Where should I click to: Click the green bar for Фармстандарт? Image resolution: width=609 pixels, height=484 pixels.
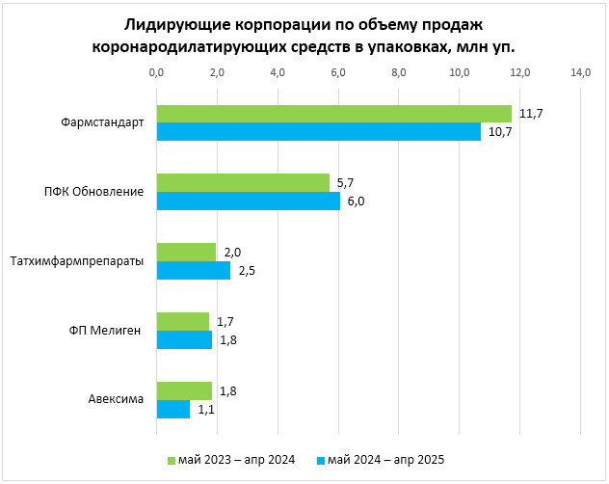click(x=333, y=114)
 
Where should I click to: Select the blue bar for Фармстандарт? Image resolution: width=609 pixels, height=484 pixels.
click(x=318, y=132)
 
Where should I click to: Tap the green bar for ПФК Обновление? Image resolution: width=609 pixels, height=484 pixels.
click(x=243, y=182)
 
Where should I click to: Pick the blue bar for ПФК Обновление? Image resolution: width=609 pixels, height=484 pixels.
click(x=248, y=201)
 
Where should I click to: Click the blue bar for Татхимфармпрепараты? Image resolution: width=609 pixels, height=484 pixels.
click(x=194, y=271)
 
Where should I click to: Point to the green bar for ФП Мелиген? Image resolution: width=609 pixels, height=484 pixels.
click(x=182, y=321)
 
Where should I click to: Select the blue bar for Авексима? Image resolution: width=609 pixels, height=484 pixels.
click(x=173, y=410)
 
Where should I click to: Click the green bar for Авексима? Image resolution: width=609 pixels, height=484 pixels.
click(x=184, y=390)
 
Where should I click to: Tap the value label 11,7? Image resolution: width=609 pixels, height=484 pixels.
click(x=531, y=114)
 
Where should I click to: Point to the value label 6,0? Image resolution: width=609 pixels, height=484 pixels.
click(x=357, y=202)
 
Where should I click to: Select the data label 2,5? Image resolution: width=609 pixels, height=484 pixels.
click(x=248, y=271)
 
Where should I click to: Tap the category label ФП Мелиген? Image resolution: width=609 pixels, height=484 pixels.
click(x=106, y=331)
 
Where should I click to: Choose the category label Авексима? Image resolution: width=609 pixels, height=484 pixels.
click(x=117, y=400)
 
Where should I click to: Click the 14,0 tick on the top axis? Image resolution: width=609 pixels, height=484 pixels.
click(x=581, y=73)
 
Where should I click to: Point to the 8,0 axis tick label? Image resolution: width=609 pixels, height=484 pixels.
click(x=399, y=73)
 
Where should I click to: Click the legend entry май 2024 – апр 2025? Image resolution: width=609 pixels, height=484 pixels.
click(x=385, y=459)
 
